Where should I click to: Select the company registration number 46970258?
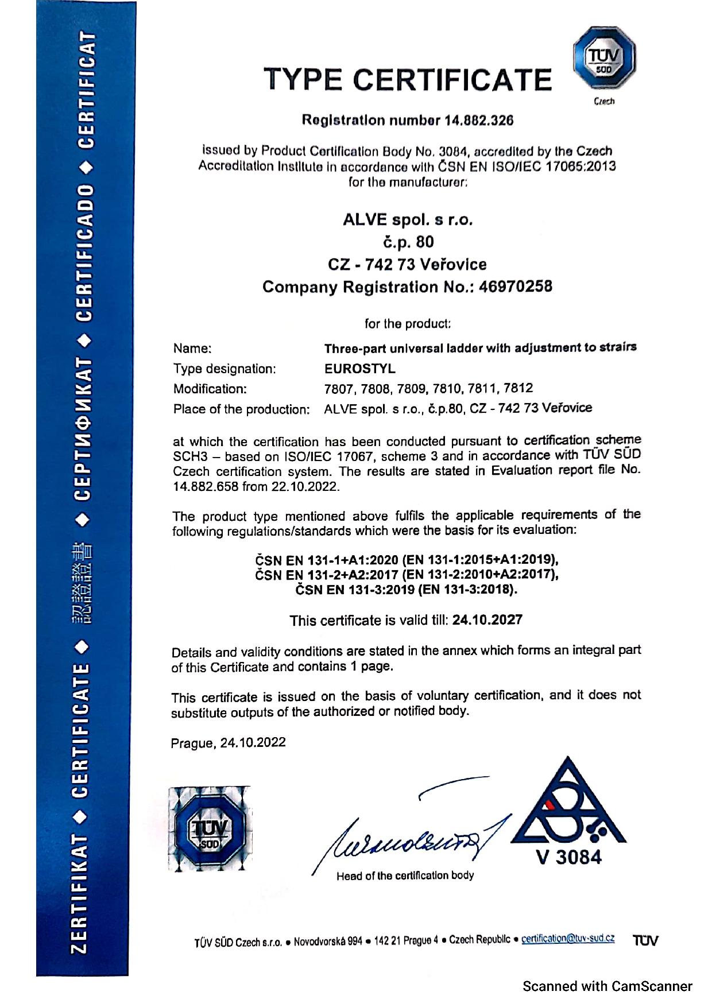click(x=516, y=286)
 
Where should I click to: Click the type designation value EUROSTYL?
click(x=360, y=368)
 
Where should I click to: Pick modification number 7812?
click(x=518, y=388)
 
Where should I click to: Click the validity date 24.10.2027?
click(x=487, y=619)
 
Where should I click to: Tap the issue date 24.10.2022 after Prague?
click(x=253, y=742)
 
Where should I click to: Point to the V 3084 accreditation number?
click(x=568, y=857)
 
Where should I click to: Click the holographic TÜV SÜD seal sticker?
click(x=210, y=828)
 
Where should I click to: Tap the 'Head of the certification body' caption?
click(x=405, y=876)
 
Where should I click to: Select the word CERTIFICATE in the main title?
click(x=452, y=80)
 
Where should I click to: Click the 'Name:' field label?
click(x=192, y=348)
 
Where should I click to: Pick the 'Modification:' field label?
click(x=210, y=389)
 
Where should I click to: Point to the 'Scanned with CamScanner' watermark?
click(x=607, y=986)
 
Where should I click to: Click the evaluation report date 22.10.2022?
click(x=307, y=487)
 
